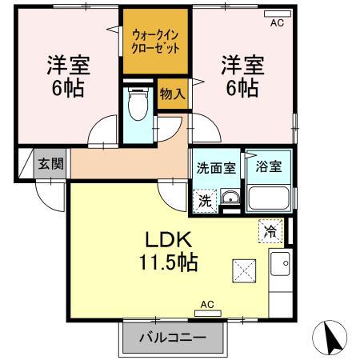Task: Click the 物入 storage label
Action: coord(172,94)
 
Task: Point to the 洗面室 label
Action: coord(216,168)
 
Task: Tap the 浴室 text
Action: coord(269,168)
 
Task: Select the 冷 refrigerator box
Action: coord(270,230)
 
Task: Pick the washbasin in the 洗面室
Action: coord(230,199)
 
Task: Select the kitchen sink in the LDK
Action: coord(282,261)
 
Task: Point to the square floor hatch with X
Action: coord(243,270)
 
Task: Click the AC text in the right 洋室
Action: coord(277,23)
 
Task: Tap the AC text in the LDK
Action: coord(207,305)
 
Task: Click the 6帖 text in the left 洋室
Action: coord(68,86)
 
